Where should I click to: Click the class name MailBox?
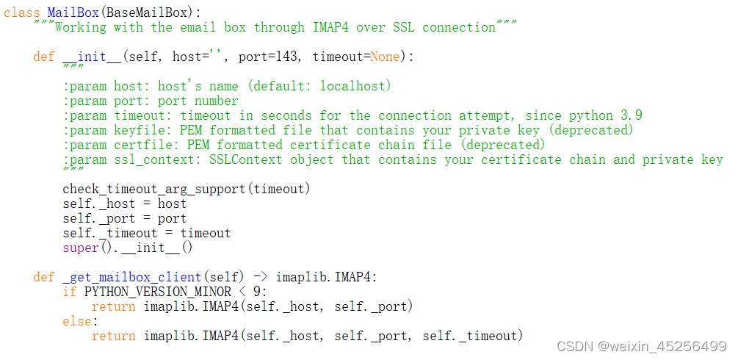[73, 12]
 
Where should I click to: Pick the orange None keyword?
[386, 57]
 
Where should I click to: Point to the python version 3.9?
[632, 115]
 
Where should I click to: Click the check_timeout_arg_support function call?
[154, 189]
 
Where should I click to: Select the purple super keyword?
[80, 248]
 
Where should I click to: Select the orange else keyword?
[76, 321]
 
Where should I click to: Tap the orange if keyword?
[69, 292]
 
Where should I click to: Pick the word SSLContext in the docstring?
[246, 159]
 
